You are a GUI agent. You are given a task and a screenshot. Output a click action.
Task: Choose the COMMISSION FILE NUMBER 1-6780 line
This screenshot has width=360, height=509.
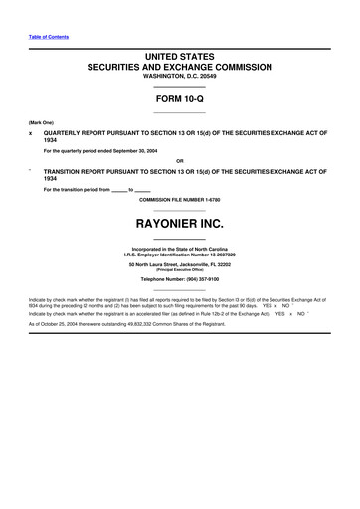pos(179,199)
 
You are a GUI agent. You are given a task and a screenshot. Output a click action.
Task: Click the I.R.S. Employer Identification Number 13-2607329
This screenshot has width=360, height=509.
pos(180,254)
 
